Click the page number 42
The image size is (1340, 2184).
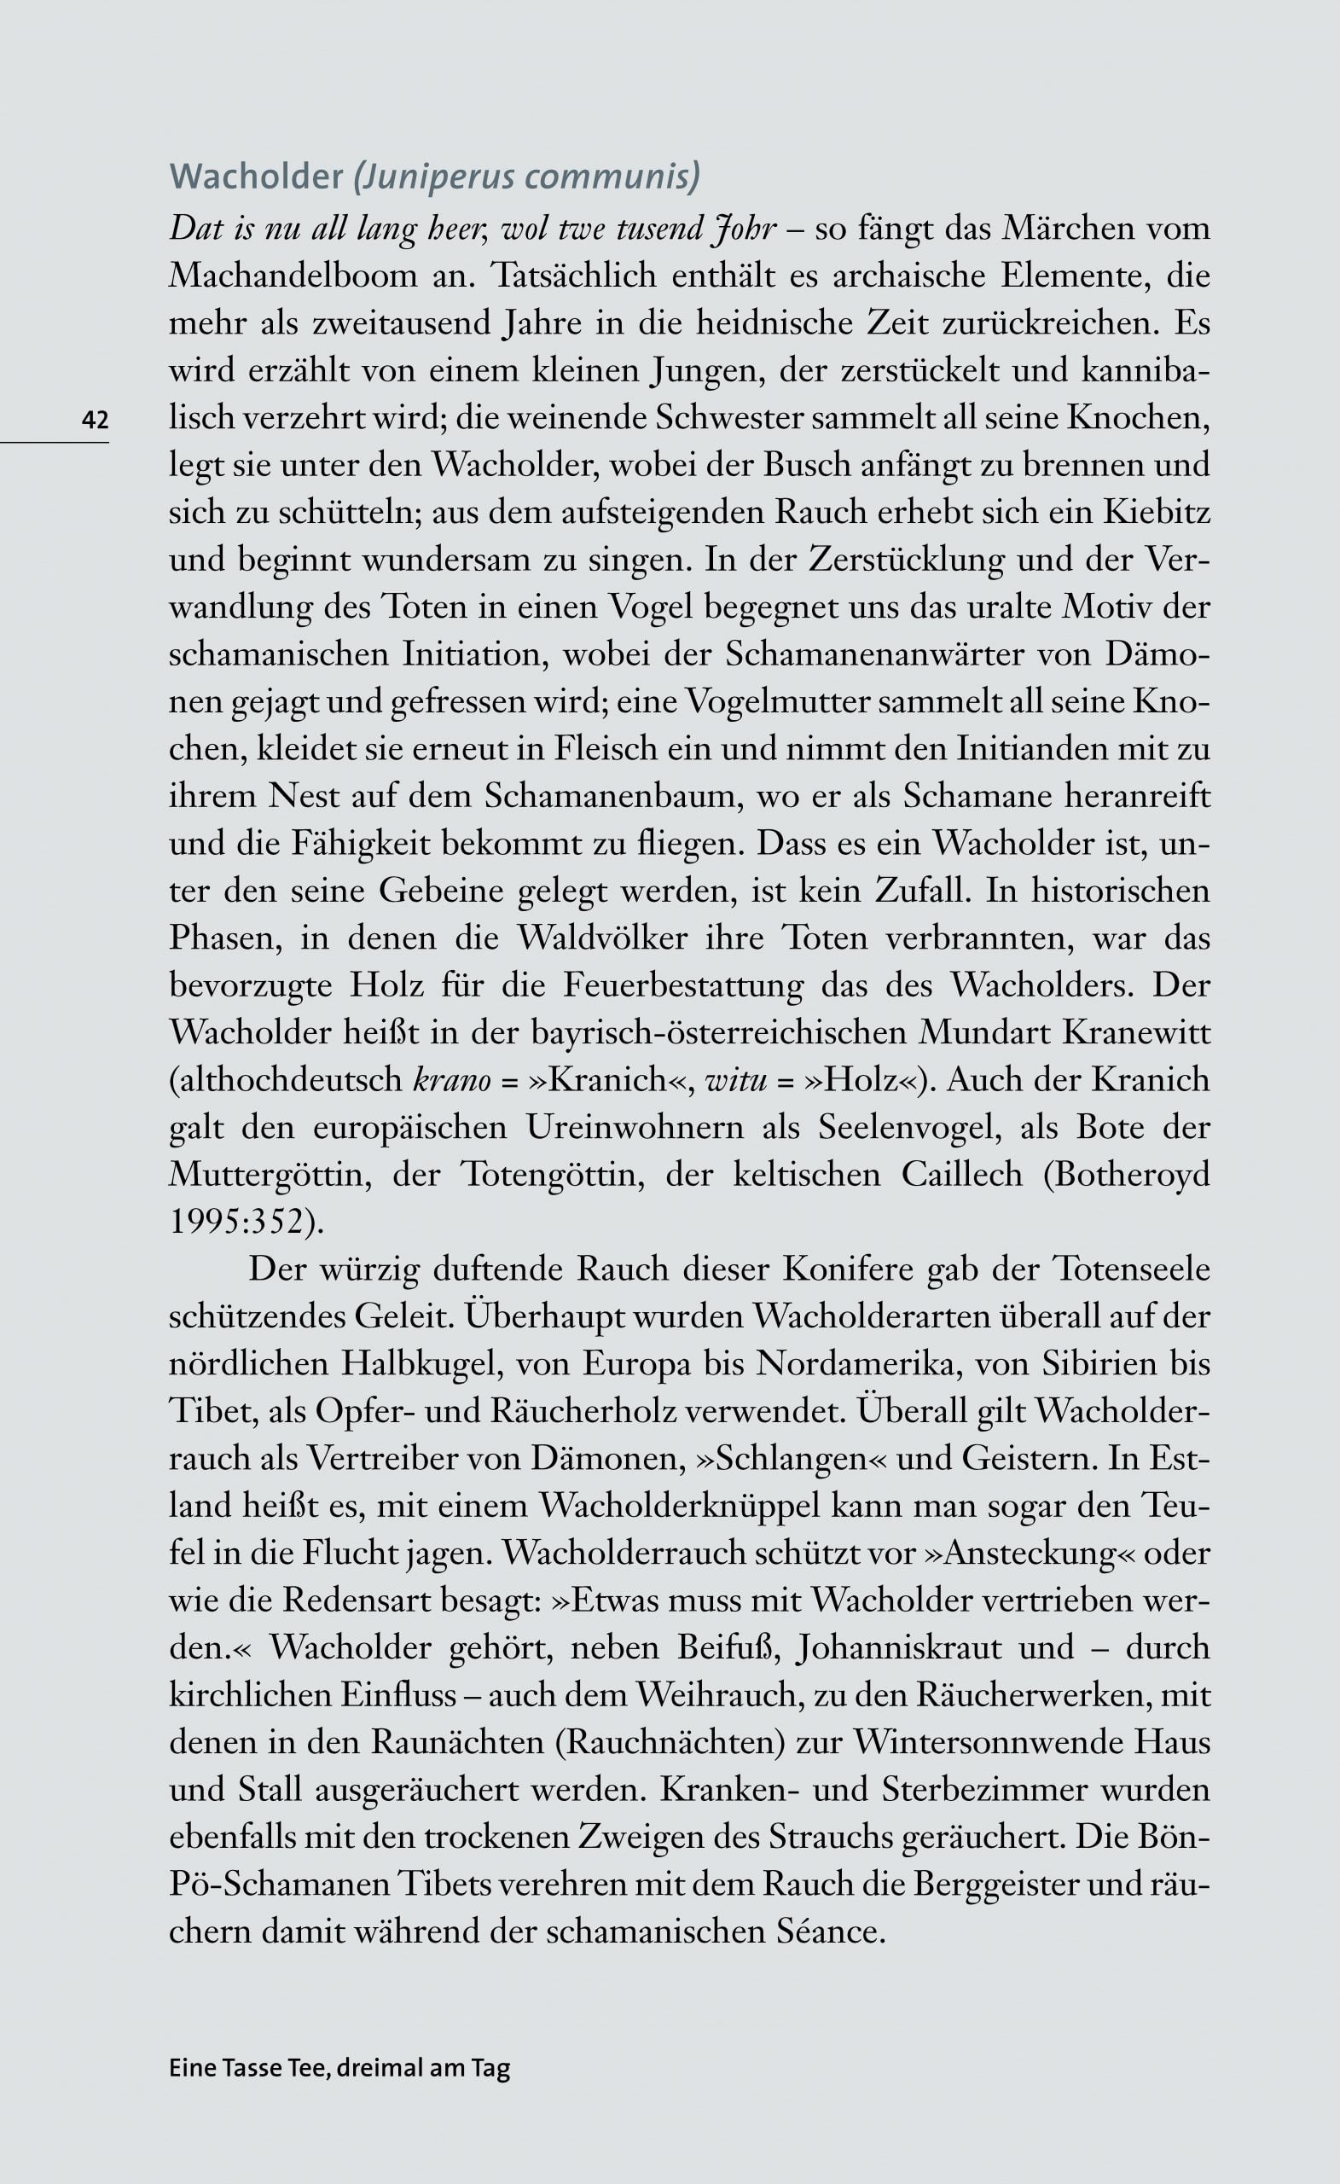click(95, 419)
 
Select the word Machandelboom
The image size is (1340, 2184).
click(293, 276)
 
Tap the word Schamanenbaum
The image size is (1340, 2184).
click(611, 796)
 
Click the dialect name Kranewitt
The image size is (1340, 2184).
click(1135, 1032)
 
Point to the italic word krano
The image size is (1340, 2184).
click(452, 1080)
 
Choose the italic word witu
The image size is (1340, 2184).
click(735, 1080)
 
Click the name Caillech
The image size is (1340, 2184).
click(961, 1175)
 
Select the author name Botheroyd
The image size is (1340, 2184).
click(1128, 1175)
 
